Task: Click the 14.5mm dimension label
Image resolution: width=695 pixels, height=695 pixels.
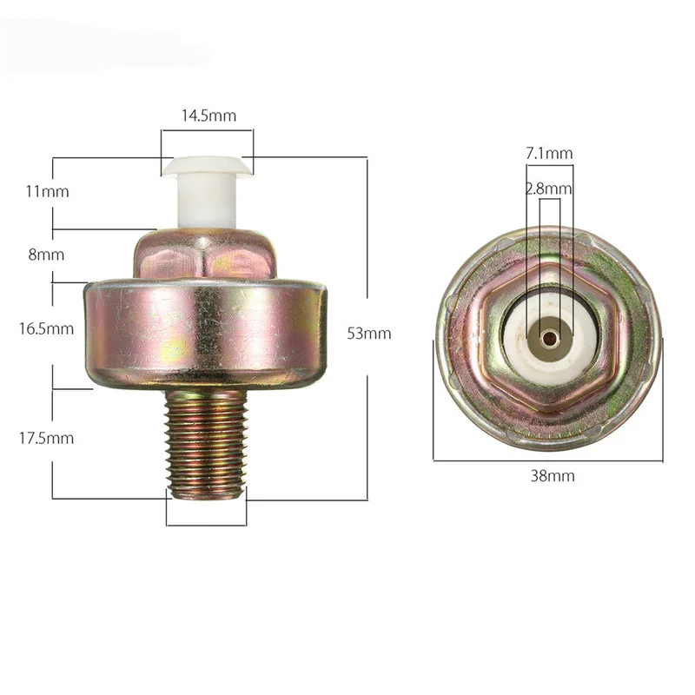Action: (208, 116)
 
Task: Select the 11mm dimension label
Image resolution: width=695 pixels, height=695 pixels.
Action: (47, 191)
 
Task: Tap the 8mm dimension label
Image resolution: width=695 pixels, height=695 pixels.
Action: (46, 255)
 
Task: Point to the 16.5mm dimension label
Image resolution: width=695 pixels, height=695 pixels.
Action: (46, 328)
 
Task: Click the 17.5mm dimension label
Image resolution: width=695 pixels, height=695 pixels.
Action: (46, 438)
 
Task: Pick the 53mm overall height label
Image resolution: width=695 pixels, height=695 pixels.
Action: (369, 333)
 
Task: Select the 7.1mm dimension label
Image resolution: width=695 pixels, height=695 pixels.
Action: (549, 154)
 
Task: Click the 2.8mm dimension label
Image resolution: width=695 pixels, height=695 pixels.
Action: (549, 189)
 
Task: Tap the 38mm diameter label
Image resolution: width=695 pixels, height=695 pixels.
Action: (553, 476)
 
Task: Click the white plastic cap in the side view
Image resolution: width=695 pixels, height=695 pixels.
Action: (207, 191)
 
